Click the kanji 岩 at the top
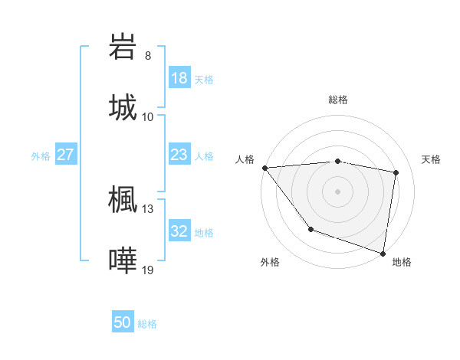tap(123, 47)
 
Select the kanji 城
tap(123, 106)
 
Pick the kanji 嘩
tap(123, 260)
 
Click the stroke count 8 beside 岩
tap(148, 56)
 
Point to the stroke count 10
tap(148, 116)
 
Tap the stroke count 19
tap(148, 270)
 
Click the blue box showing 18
tap(179, 78)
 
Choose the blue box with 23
tap(179, 155)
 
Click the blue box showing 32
tap(179, 231)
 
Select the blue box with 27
tap(66, 155)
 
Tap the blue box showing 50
tap(123, 322)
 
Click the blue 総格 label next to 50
tap(148, 324)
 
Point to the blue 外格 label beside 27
tap(41, 156)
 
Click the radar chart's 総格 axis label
tap(338, 100)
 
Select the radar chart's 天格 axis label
tap(432, 159)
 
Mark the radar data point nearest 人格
tap(264, 168)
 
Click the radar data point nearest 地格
tap(383, 252)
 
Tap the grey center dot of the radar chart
tap(338, 191)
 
